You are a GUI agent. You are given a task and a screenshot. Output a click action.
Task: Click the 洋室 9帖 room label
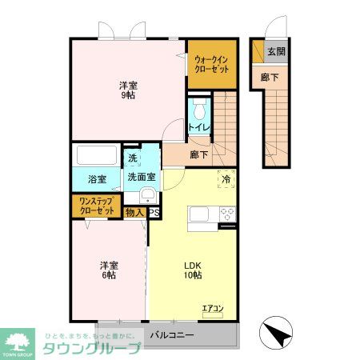click(126, 90)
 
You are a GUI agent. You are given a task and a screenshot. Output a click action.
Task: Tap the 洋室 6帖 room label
click(108, 270)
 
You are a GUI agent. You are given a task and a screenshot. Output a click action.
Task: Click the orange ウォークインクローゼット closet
click(212, 63)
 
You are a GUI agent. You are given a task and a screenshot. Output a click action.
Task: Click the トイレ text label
click(198, 127)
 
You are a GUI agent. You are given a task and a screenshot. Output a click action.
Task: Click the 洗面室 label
click(140, 180)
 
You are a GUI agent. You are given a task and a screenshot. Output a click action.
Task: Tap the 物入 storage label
click(134, 213)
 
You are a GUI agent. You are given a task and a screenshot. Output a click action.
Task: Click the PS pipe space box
click(154, 213)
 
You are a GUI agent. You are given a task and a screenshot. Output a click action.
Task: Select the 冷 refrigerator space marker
click(226, 180)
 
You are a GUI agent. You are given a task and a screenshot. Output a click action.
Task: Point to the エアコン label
click(213, 306)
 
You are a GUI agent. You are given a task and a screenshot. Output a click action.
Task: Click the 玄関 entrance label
click(275, 51)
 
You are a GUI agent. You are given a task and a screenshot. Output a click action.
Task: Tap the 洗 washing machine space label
click(132, 158)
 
